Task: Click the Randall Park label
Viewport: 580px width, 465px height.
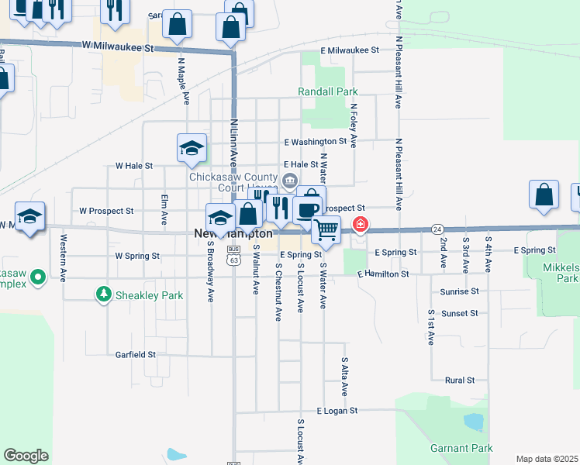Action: coord(328,91)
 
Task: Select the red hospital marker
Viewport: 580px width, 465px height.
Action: coord(361,226)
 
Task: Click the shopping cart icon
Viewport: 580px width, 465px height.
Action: coord(326,229)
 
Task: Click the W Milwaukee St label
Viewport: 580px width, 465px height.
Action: coord(118,47)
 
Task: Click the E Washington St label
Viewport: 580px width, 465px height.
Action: coord(315,142)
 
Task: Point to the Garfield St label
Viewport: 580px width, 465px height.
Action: coord(136,354)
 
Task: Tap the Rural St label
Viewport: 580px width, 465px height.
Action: coord(460,381)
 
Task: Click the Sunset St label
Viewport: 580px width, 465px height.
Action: coord(460,313)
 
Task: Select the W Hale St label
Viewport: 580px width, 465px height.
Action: coord(134,165)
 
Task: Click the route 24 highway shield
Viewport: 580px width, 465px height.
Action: coord(438,229)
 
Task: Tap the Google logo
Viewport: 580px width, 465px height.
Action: coord(26,456)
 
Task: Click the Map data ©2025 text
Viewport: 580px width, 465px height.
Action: coord(547,459)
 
